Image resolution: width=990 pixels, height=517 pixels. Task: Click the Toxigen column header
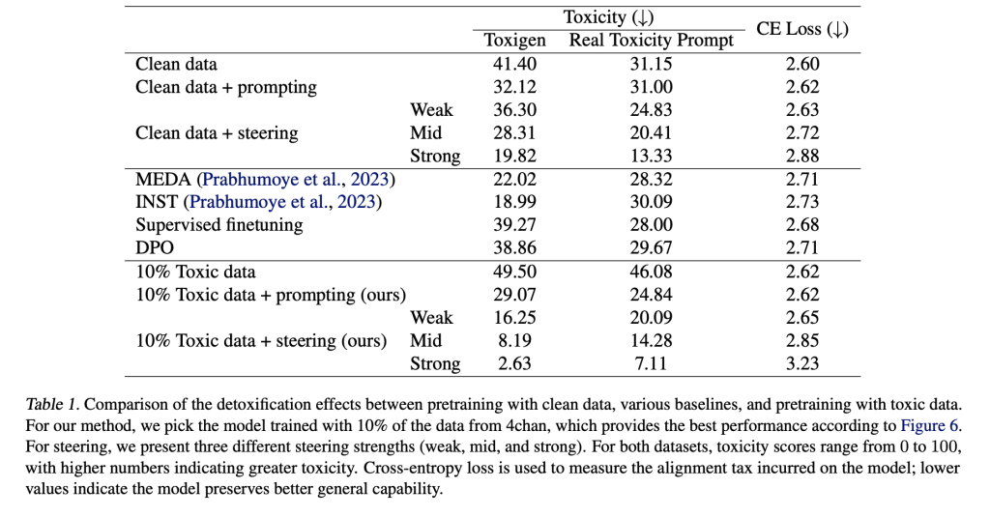pyautogui.click(x=514, y=41)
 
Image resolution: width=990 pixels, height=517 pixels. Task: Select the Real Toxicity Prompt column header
pyautogui.click(x=651, y=41)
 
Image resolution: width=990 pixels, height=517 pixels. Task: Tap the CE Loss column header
pyautogui.click(x=801, y=29)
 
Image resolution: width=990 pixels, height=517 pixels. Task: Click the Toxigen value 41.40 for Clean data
pyautogui.click(x=514, y=64)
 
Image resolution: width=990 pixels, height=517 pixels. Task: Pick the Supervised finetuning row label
pyautogui.click(x=219, y=225)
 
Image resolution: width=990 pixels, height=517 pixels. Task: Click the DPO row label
pyautogui.click(x=155, y=247)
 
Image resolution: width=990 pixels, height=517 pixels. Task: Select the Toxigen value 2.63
pyautogui.click(x=514, y=363)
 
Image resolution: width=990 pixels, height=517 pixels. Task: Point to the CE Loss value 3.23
pyautogui.click(x=802, y=363)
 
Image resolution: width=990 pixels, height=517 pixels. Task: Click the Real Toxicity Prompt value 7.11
pyautogui.click(x=651, y=363)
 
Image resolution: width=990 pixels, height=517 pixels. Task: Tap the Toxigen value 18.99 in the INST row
pyautogui.click(x=514, y=202)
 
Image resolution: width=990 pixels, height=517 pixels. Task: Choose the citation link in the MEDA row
pyautogui.click(x=296, y=180)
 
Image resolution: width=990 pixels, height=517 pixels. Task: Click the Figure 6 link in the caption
pyautogui.click(x=929, y=425)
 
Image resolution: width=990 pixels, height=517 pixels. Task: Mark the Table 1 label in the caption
pyautogui.click(x=52, y=404)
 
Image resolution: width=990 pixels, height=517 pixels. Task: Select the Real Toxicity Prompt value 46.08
pyautogui.click(x=651, y=272)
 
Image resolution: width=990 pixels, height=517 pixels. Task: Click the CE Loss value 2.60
pyautogui.click(x=802, y=64)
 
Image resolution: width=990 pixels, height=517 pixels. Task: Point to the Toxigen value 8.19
pyautogui.click(x=514, y=340)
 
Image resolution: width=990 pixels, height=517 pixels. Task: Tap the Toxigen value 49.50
pyautogui.click(x=514, y=272)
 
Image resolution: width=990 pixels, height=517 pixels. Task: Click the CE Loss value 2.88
pyautogui.click(x=802, y=156)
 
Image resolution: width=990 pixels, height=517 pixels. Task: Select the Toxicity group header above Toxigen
pyautogui.click(x=609, y=17)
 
